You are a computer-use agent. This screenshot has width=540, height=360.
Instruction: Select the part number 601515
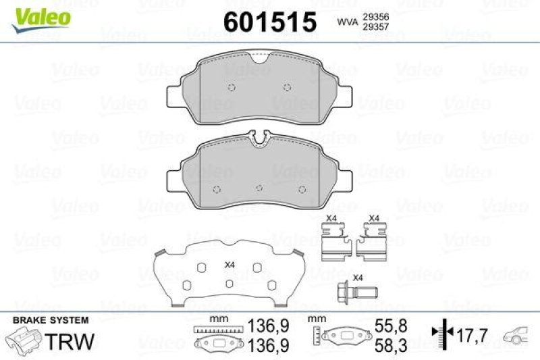coord(269,22)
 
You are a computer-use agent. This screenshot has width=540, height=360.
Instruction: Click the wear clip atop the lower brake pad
coord(259,139)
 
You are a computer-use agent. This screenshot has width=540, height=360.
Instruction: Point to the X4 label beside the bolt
coord(358,278)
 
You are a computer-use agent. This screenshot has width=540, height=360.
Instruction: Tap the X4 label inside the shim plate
coord(229,264)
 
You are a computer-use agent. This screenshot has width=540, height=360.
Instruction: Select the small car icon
coord(518,334)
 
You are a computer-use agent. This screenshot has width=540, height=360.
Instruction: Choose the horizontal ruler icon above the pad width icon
coord(217,329)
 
